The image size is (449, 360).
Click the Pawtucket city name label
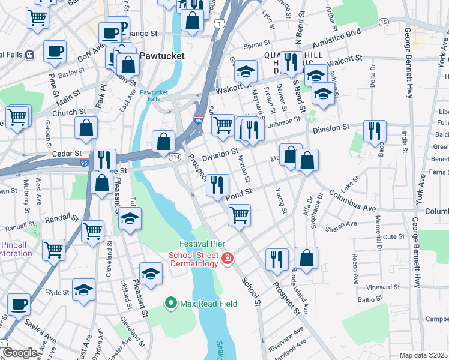[161, 56]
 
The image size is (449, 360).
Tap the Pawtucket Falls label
[154, 96]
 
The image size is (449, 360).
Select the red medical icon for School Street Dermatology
[228, 259]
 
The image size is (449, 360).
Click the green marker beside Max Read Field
[171, 304]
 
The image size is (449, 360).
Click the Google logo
[19, 353]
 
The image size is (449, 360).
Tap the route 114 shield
[175, 157]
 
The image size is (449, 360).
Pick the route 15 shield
[383, 22]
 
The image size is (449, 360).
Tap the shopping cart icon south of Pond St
[239, 215]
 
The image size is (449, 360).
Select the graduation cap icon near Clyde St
[83, 289]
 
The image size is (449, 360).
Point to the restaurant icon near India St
[375, 131]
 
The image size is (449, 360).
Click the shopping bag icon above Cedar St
[86, 127]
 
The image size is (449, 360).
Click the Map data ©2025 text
[423, 355]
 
